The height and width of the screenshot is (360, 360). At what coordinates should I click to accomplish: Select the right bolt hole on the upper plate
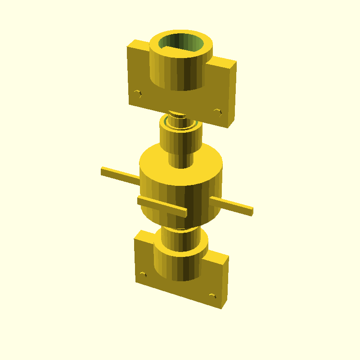(x=218, y=112)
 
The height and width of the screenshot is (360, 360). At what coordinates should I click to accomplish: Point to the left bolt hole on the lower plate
(x=144, y=274)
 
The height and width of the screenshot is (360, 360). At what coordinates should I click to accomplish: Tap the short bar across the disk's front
(x=162, y=206)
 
